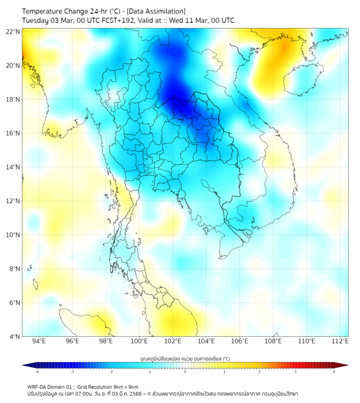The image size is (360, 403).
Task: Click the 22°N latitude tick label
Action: click(13, 31)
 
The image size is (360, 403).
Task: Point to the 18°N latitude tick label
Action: click(13, 100)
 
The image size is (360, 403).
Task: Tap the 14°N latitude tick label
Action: click(13, 167)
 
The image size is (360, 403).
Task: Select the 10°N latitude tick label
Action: click(13, 235)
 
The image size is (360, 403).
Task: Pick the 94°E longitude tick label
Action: click(39, 341)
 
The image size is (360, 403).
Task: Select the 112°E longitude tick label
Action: click(340, 341)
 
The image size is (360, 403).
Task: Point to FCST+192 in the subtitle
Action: click(113, 20)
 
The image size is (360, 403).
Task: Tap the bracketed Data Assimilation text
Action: click(155, 11)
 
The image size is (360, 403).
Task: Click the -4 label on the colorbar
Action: click(36, 372)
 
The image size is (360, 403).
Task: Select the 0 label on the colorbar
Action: click(185, 372)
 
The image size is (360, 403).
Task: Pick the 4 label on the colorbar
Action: click(334, 372)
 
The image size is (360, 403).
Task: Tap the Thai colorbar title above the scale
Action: click(185, 358)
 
